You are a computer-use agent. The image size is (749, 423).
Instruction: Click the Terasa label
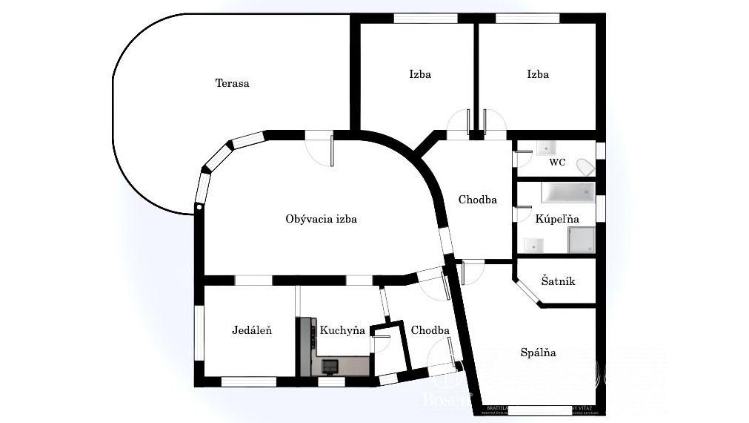coord(232,83)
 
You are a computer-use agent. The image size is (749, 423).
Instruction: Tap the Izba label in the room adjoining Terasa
coord(419,74)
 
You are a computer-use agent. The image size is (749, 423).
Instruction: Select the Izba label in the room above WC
coord(538,74)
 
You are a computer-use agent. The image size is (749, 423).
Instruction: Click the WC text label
coord(558,162)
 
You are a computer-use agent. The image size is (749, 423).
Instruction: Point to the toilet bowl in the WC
coord(585,167)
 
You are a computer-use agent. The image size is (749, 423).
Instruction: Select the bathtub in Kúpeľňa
coord(567,194)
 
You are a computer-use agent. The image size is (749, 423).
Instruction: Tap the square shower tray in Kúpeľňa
coord(580,240)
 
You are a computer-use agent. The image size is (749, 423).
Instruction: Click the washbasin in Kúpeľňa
coord(533,244)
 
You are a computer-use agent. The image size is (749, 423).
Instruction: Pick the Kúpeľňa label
coord(557,219)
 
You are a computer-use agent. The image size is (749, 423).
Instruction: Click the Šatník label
coord(558,281)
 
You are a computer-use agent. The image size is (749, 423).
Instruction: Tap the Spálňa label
coord(538,352)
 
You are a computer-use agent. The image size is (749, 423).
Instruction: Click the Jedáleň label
coord(251,330)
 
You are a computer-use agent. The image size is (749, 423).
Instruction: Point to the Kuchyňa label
coord(342,330)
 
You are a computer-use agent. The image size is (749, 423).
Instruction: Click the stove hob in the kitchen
coord(329,365)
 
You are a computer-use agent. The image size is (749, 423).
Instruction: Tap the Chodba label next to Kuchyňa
coord(430,330)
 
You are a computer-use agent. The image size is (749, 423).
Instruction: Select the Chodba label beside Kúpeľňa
coord(477,200)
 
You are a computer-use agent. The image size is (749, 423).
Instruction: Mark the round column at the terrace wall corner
coord(199,209)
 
